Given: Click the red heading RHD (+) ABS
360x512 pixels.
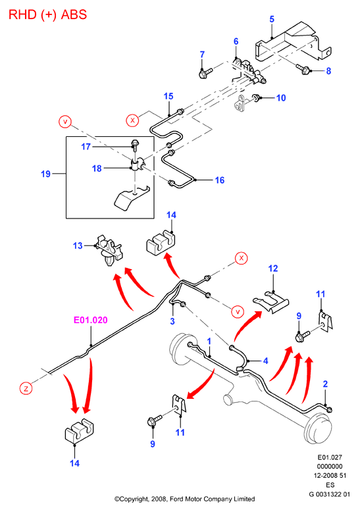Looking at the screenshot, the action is coord(47,14).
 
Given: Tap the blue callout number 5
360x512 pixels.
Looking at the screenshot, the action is coord(272,19).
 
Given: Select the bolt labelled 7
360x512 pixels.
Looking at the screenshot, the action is coord(205,72).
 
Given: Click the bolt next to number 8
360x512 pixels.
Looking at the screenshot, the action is coord(303,69).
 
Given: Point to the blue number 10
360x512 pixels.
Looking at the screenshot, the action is coord(281,98).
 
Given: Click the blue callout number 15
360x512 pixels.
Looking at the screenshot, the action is coord(168,96).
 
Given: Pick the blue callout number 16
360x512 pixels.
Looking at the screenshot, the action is coord(220,180).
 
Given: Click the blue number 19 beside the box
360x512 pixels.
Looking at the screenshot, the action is coord(45,174).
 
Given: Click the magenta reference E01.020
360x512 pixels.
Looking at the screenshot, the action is coord(90,320).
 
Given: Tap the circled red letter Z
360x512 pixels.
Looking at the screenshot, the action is coord(26,388).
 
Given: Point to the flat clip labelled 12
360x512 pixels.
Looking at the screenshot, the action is coord(270,301).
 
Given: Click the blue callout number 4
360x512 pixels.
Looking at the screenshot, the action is coord(266,361).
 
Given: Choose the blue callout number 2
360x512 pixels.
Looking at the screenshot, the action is coord(325,384).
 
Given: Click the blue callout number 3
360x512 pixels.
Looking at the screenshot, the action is coord(172,321).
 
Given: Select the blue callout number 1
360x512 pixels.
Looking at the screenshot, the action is coord(209,342).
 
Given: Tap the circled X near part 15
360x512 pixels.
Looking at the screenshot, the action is coord(132,120).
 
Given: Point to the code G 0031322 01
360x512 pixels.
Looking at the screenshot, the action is coord(329,494).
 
